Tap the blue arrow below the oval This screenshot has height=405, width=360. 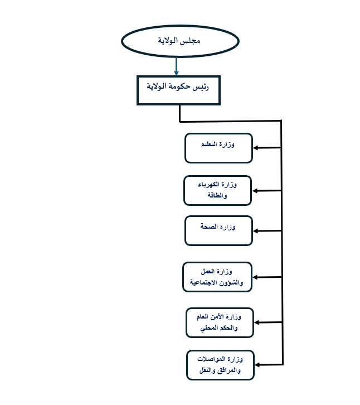(176, 66)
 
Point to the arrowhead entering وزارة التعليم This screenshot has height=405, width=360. (255, 148)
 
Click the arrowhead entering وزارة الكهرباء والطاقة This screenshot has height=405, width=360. (255, 191)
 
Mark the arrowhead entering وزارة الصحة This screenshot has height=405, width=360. (256, 231)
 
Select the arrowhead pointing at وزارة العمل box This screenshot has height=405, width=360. (255, 277)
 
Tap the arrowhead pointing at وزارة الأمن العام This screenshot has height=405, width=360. (257, 322)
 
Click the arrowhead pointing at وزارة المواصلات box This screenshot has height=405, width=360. (257, 365)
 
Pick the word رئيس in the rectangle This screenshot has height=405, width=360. (201, 87)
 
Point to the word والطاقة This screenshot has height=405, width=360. (217, 195)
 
